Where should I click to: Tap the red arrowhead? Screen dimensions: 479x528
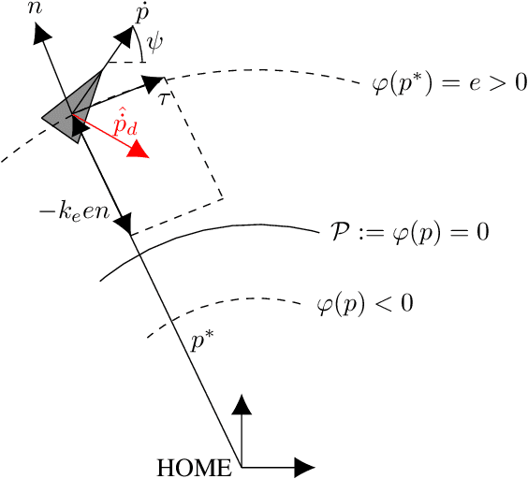(x=140, y=149)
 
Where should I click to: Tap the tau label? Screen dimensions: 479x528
(x=163, y=96)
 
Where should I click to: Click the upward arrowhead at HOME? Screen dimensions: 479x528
(x=242, y=405)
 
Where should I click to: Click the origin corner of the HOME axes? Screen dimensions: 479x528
(x=242, y=465)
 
